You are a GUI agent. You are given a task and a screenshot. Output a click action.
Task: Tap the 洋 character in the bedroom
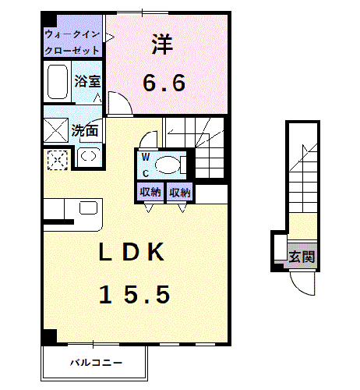click(x=163, y=44)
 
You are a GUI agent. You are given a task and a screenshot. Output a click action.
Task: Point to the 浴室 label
click(x=86, y=80)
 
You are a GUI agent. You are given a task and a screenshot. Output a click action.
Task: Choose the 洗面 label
click(x=83, y=131)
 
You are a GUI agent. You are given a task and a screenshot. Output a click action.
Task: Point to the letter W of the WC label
click(x=146, y=156)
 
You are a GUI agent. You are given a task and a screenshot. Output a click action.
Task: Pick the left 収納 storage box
click(x=150, y=192)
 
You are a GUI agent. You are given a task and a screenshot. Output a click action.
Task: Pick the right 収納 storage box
click(x=179, y=192)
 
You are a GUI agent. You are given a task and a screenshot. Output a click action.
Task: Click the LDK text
click(x=130, y=253)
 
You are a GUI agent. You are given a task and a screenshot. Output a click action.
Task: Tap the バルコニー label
click(x=95, y=363)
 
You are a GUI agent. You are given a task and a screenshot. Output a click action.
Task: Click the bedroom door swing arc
click(x=119, y=101)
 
